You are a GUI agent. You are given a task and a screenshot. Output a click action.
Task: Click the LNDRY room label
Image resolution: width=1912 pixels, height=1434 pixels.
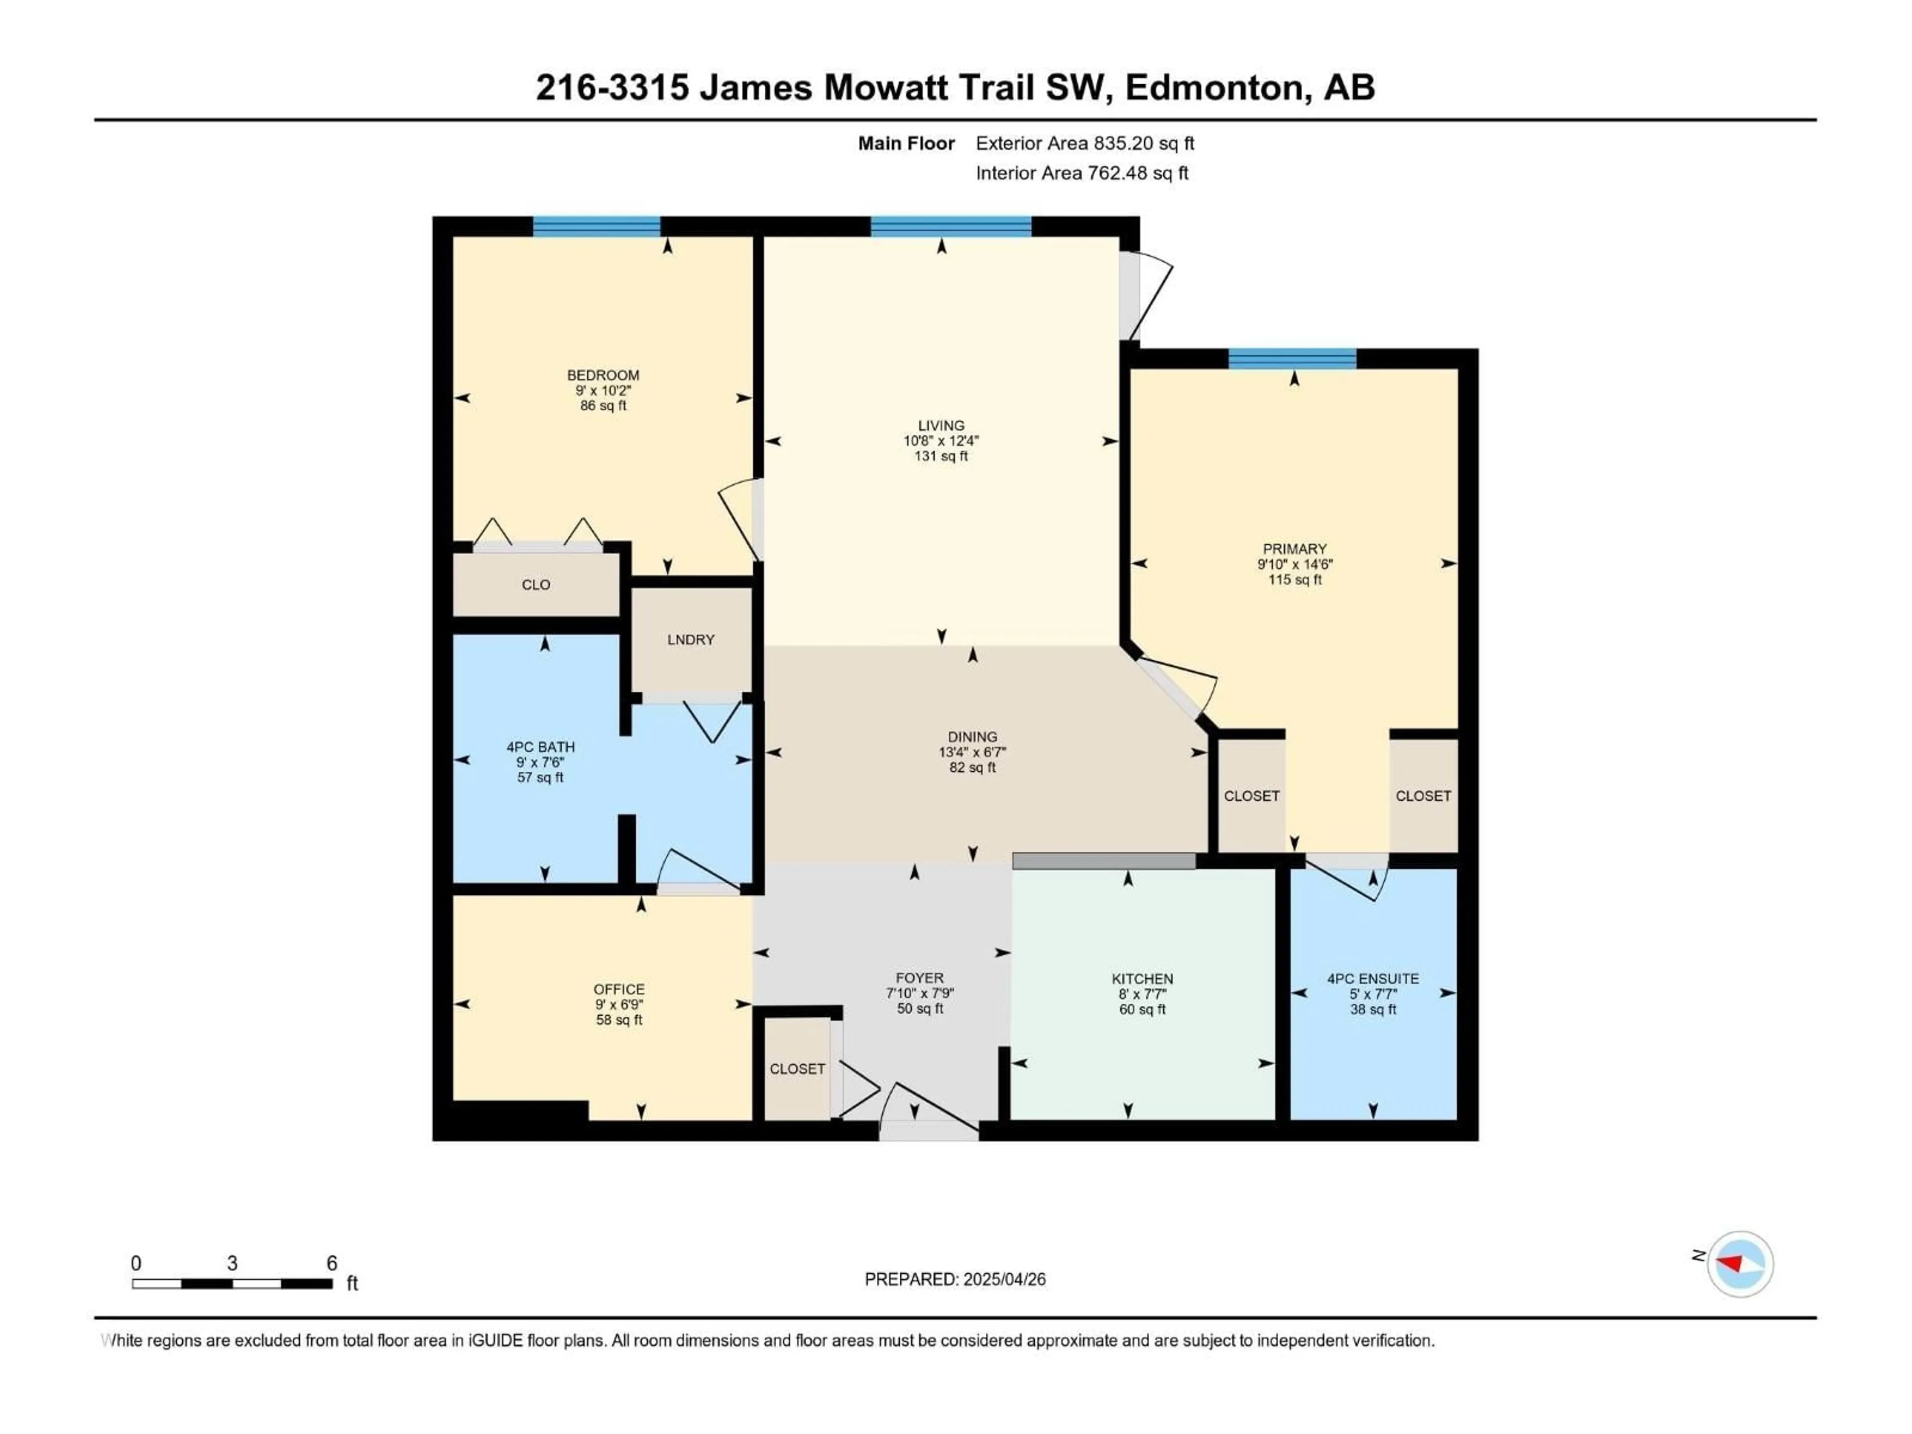691,640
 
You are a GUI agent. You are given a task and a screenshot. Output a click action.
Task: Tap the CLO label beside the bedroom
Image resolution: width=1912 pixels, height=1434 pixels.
536,585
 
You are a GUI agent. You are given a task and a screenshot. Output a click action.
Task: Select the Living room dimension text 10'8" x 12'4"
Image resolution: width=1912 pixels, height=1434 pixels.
941,441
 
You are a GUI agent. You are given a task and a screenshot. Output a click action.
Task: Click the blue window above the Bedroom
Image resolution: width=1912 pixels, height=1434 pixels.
597,227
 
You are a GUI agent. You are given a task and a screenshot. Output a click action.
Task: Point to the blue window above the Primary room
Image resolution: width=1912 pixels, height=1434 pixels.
1292,358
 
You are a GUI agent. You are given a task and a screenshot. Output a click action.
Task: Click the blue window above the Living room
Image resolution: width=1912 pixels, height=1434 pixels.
951,227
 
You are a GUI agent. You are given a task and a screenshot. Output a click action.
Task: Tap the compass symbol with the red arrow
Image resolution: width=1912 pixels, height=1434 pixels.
1740,1264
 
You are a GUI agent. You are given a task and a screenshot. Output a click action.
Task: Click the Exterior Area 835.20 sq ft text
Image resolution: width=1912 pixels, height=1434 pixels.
1085,143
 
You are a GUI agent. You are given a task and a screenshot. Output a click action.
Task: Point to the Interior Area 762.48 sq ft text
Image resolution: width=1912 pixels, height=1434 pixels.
1081,173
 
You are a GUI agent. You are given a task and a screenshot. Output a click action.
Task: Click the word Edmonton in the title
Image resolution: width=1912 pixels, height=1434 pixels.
1213,87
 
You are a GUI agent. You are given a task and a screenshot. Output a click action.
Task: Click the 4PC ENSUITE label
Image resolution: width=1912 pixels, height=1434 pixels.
1373,978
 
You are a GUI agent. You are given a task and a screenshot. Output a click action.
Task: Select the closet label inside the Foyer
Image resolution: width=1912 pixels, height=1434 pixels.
797,1069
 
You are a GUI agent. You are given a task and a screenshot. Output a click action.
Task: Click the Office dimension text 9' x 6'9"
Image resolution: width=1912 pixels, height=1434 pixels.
619,1004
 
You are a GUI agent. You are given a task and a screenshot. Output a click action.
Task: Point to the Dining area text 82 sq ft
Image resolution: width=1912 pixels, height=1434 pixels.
972,768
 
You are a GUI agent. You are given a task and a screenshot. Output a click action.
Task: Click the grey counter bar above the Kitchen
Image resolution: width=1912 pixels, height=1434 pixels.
1104,861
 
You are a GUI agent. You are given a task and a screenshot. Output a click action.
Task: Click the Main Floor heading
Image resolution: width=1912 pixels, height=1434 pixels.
906,143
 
